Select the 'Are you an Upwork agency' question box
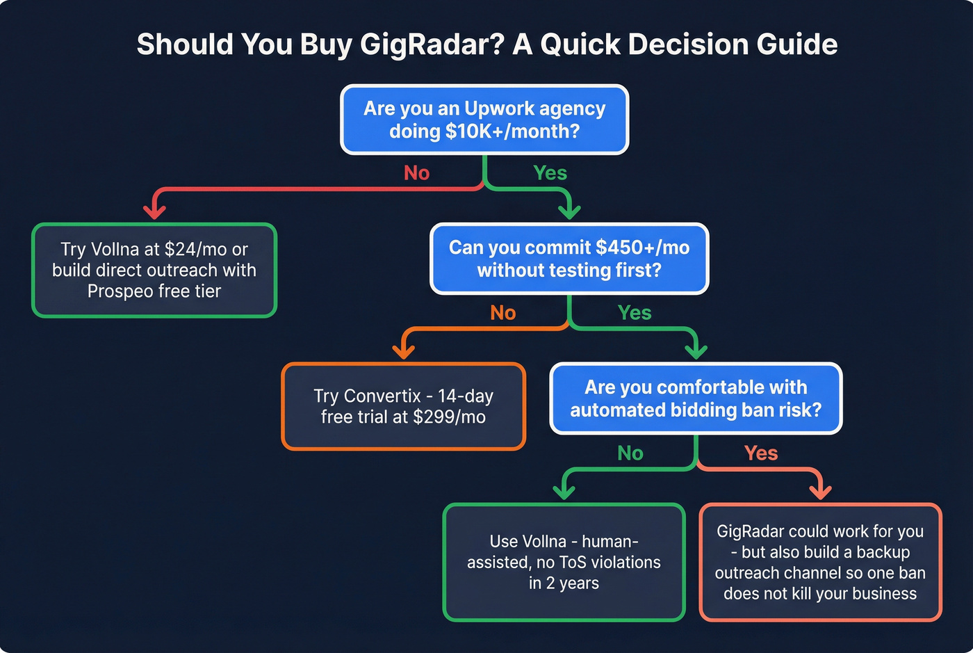tap(484, 120)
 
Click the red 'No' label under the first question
tap(417, 173)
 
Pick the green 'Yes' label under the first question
tap(550, 173)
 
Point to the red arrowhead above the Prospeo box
tap(154, 211)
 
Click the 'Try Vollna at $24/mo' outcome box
tap(154, 270)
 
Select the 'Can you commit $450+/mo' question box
tap(569, 259)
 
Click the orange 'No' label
tap(502, 313)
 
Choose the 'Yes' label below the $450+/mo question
tap(635, 313)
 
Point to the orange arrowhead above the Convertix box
tap(404, 350)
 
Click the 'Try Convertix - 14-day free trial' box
tap(403, 406)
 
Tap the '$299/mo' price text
tap(449, 417)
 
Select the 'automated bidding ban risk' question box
tap(696, 398)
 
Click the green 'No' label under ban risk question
tap(630, 453)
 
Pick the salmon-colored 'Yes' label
tap(761, 453)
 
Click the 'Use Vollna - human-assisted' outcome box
tap(564, 562)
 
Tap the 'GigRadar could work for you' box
tap(820, 562)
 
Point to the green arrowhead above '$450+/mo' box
tap(570, 211)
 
